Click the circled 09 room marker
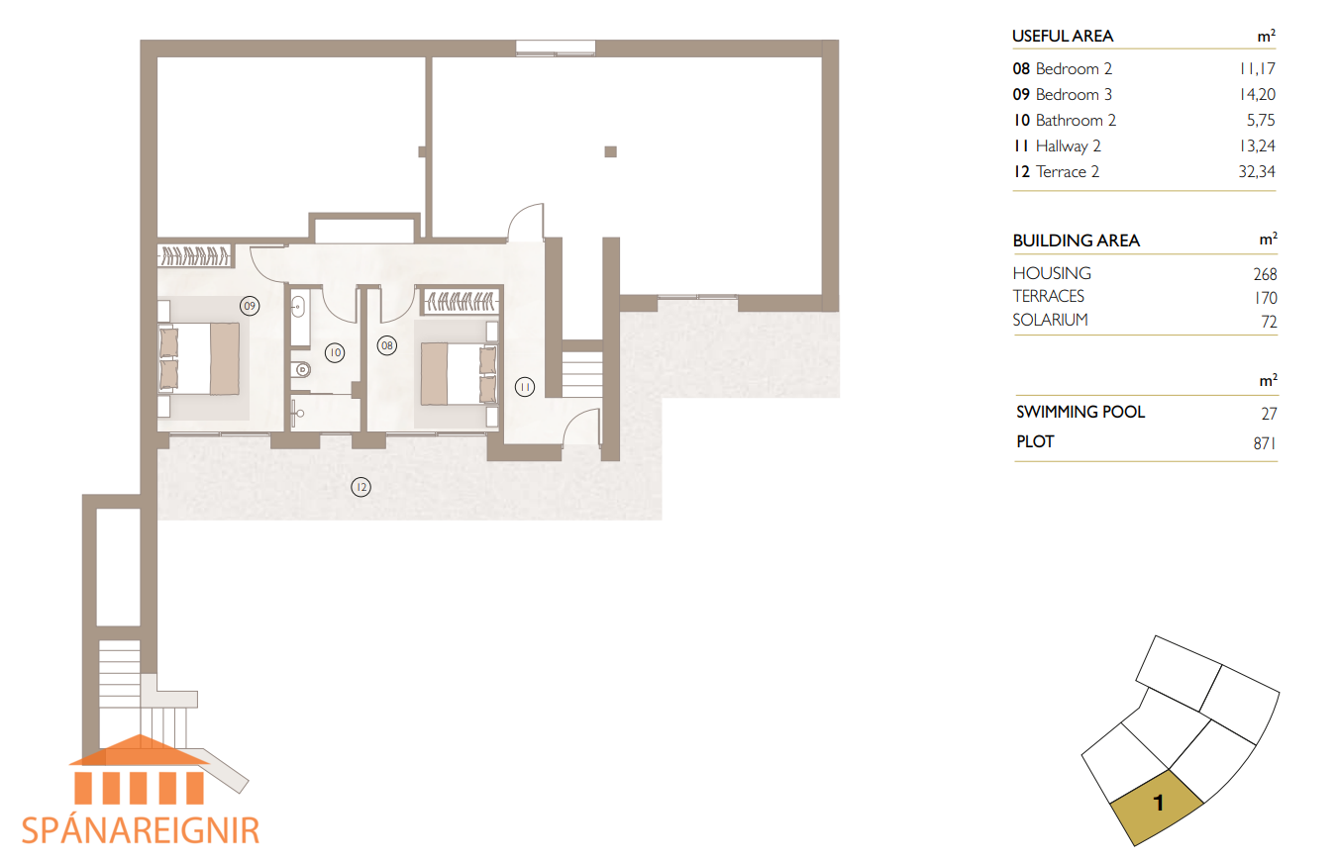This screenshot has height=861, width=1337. pyautogui.click(x=250, y=306)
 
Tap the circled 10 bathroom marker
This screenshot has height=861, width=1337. pyautogui.click(x=335, y=353)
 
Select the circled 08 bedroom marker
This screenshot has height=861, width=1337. pyautogui.click(x=387, y=345)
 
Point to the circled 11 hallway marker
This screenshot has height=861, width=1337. pyautogui.click(x=525, y=387)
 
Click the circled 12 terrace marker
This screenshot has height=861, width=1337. pyautogui.click(x=361, y=487)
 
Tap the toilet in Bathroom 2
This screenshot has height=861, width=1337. pyautogui.click(x=301, y=370)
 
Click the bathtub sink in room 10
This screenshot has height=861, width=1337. pyautogui.click(x=298, y=308)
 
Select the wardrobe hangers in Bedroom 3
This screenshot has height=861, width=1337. pyautogui.click(x=195, y=255)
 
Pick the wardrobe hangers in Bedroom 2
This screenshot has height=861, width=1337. pyautogui.click(x=460, y=301)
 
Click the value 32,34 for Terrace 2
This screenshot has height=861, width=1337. pyautogui.click(x=1257, y=172)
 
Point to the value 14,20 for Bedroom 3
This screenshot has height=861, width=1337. pyautogui.click(x=1257, y=94)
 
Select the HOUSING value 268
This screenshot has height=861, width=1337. pyautogui.click(x=1265, y=274)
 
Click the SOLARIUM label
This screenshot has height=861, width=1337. pyautogui.click(x=1050, y=320)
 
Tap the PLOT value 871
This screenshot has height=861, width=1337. pyautogui.click(x=1264, y=443)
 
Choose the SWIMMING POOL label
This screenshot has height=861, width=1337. pyautogui.click(x=1080, y=412)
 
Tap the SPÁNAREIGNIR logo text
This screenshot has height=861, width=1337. pyautogui.click(x=141, y=830)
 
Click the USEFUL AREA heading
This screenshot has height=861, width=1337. pyautogui.click(x=1063, y=36)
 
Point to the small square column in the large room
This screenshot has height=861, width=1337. pyautogui.click(x=610, y=151)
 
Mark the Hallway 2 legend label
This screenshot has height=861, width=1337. pyautogui.click(x=1068, y=146)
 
